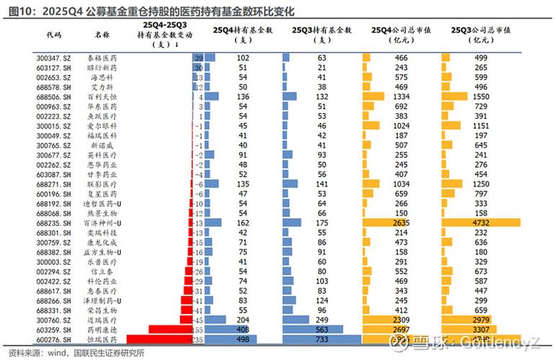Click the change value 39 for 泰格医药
199,57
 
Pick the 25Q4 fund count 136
243,96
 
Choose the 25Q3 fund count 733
321,338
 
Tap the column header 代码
53,34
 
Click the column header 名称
102,34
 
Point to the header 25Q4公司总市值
400,30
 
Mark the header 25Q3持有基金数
321,30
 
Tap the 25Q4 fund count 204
243,319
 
